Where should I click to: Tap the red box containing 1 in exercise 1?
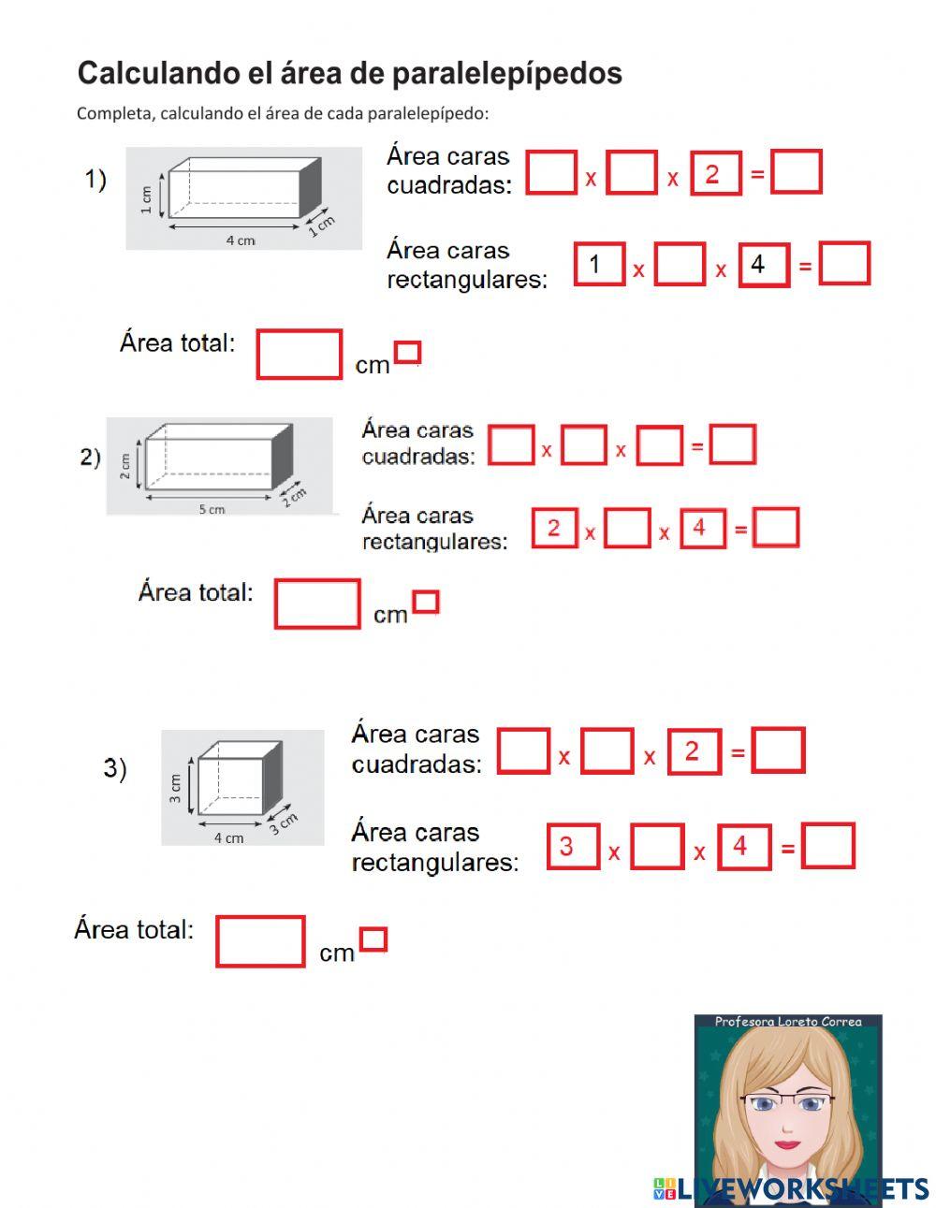pyautogui.click(x=598, y=265)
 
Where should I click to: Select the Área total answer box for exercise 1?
pyautogui.click(x=299, y=355)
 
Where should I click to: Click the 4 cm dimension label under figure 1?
pyautogui.click(x=240, y=240)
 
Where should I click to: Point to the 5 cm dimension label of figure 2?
pyautogui.click(x=212, y=510)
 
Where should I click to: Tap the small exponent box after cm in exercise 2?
pyautogui.click(x=426, y=602)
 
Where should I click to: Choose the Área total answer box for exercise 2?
pyautogui.click(x=317, y=604)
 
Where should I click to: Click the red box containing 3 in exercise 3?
pyautogui.click(x=572, y=848)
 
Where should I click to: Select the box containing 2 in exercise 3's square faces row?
pyautogui.click(x=694, y=752)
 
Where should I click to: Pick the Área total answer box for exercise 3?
pyautogui.click(x=260, y=941)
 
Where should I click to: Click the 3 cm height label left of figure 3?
pyautogui.click(x=175, y=788)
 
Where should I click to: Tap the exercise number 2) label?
pyautogui.click(x=90, y=458)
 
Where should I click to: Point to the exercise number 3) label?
pyautogui.click(x=115, y=768)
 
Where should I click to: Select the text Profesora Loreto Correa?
pyautogui.click(x=787, y=1022)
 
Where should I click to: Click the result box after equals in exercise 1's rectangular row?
pyautogui.click(x=844, y=265)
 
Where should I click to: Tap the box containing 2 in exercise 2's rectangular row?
pyautogui.click(x=554, y=529)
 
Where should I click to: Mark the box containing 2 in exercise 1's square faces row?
pyautogui.click(x=715, y=174)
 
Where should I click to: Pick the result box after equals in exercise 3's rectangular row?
pyautogui.click(x=828, y=847)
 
